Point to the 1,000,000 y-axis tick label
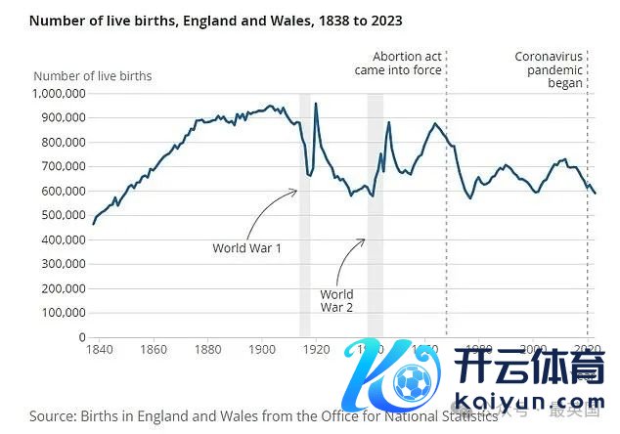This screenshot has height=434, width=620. pyautogui.click(x=61, y=93)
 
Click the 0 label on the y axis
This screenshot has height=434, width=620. pyautogui.click(x=82, y=337)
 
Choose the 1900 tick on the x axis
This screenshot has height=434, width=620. pyautogui.click(x=260, y=349)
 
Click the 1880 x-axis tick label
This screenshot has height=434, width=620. pyautogui.click(x=205, y=349)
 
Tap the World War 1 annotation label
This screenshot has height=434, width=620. pyautogui.click(x=246, y=248)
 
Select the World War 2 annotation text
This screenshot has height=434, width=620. pyautogui.click(x=336, y=300)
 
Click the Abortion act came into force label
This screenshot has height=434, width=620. pyautogui.click(x=408, y=64)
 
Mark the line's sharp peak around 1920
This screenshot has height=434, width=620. pyautogui.click(x=316, y=103)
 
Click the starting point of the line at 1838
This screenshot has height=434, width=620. pyautogui.click(x=93, y=224)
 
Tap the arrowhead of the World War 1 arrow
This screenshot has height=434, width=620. pyautogui.click(x=295, y=192)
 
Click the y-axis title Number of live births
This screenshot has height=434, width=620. pyautogui.click(x=93, y=75)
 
